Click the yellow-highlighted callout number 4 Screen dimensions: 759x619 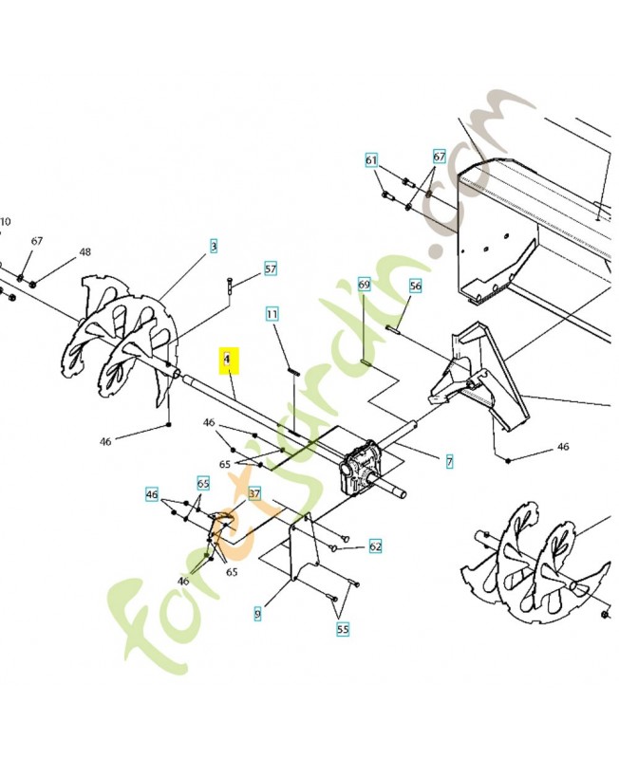227,361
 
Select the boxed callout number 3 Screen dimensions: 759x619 214,246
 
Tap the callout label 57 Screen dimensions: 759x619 271,269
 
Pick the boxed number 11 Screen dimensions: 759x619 272,313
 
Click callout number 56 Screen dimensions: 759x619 415,286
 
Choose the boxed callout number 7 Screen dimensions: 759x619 449,462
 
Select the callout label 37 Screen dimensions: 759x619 253,493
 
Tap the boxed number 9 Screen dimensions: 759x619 257,615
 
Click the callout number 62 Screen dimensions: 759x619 375,546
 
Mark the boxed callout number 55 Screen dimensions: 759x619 342,628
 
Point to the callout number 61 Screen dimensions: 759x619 371,160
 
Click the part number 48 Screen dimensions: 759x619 84,252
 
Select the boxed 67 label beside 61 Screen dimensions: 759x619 439,157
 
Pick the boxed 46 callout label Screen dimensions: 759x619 152,494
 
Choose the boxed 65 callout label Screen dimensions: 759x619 203,483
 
